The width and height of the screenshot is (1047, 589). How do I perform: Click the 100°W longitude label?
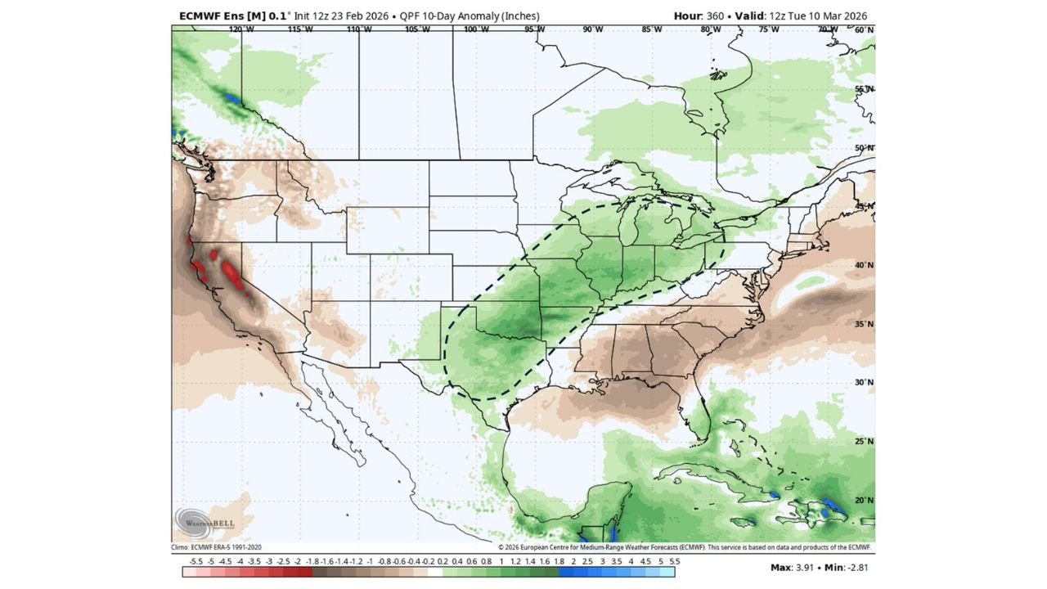(476, 29)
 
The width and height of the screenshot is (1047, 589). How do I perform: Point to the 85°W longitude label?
(652, 29)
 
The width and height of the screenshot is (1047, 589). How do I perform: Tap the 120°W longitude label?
(240, 29)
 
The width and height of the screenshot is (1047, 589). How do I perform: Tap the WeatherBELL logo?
(195, 523)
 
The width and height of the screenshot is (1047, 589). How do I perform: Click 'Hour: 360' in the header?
(700, 16)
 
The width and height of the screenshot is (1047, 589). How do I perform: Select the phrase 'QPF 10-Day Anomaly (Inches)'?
(474, 16)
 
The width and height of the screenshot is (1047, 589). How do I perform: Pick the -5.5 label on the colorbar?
(195, 562)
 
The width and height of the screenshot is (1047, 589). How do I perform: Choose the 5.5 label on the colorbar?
(674, 562)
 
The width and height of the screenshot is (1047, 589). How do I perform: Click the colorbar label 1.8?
(559, 562)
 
